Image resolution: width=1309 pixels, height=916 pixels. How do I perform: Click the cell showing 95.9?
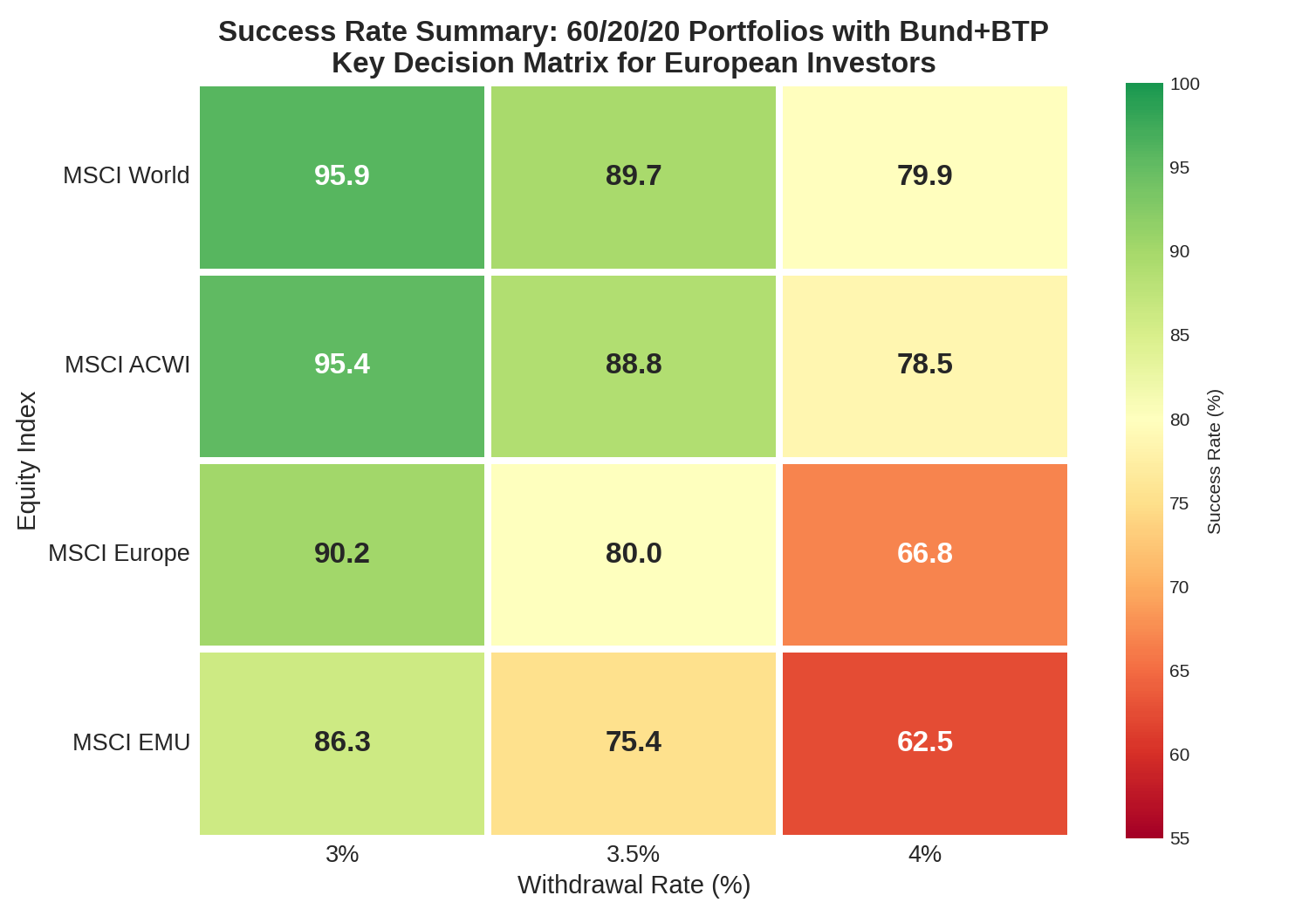coord(342,176)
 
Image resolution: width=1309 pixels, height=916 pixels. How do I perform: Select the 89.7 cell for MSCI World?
coord(634,176)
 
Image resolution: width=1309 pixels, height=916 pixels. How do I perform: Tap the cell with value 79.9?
coord(925,176)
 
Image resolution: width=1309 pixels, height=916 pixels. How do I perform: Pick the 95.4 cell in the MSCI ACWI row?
coord(342,365)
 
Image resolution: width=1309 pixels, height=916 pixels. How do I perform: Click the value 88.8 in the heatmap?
coord(634,365)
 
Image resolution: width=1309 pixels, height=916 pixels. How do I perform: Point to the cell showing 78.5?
coord(925,365)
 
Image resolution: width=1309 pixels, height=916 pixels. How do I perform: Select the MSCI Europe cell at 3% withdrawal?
coord(342,554)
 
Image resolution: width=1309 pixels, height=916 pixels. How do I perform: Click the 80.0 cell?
coord(634,554)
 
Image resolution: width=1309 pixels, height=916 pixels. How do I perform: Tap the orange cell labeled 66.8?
coord(925,554)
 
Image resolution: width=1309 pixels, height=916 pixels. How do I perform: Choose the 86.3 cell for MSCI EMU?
coord(342,742)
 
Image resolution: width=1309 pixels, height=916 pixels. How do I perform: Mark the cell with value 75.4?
coord(634,742)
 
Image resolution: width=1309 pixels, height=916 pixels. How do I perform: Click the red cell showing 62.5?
coord(925,742)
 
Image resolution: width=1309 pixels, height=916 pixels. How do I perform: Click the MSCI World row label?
coord(127,176)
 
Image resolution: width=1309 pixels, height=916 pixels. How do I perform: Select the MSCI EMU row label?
coord(131,742)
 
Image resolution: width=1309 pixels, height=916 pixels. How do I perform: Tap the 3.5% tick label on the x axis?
coord(634,854)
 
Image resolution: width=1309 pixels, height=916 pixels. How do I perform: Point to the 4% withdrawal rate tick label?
coord(925,854)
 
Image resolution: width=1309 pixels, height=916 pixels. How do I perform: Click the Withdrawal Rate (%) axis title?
coord(634,885)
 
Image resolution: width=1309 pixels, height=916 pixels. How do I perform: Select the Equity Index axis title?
coord(27,461)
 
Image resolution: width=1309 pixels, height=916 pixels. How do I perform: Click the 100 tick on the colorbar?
coord(1184,85)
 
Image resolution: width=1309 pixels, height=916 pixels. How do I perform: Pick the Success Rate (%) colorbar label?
coord(1214,461)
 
